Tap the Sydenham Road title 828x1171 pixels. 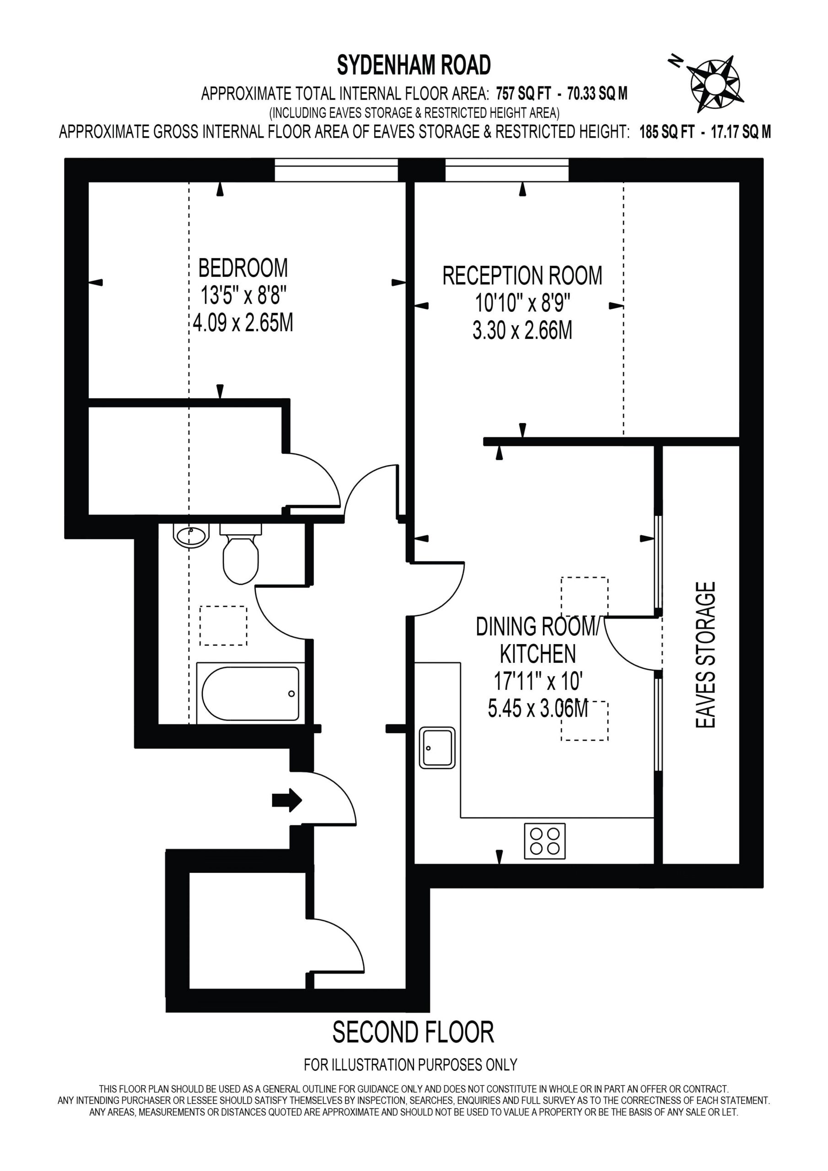click(414, 65)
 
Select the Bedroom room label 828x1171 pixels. click(243, 268)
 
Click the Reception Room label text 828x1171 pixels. click(522, 276)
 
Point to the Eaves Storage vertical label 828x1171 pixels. click(706, 655)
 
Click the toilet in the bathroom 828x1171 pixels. click(241, 554)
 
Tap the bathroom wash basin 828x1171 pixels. click(191, 536)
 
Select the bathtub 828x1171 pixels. click(251, 693)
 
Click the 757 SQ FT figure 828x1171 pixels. click(524, 93)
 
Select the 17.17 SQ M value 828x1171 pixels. click(741, 132)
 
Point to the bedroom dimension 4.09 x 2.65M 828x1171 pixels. click(243, 323)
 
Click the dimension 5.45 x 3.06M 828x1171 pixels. click(538, 709)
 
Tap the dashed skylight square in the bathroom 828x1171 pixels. click(223, 626)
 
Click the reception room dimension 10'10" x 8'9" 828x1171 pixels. click(522, 303)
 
